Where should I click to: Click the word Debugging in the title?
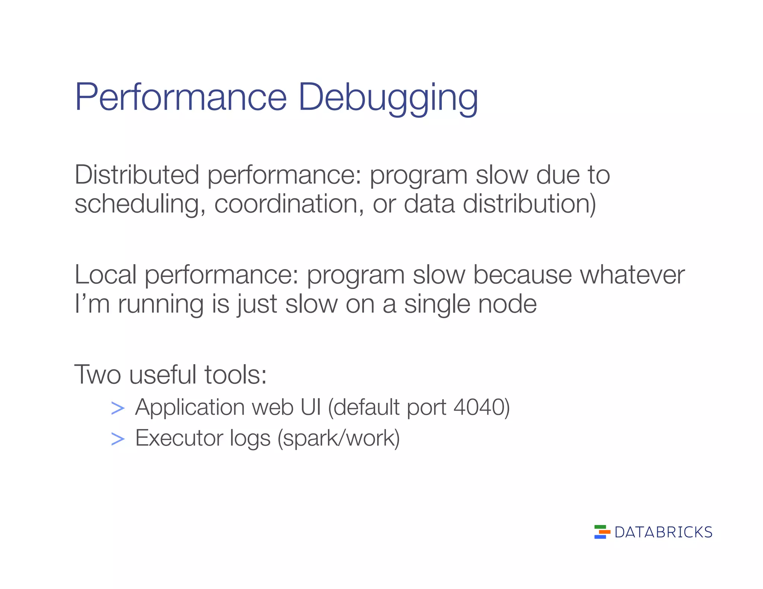(x=388, y=98)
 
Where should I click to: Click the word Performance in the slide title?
(x=181, y=98)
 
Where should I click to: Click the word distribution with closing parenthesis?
(x=529, y=204)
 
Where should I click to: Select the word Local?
(x=105, y=275)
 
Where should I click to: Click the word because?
(x=522, y=275)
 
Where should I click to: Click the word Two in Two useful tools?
(x=98, y=375)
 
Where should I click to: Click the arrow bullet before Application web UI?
(x=118, y=408)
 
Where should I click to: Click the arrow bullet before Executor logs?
(x=118, y=439)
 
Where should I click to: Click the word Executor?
(x=179, y=438)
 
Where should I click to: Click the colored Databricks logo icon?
(x=602, y=532)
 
